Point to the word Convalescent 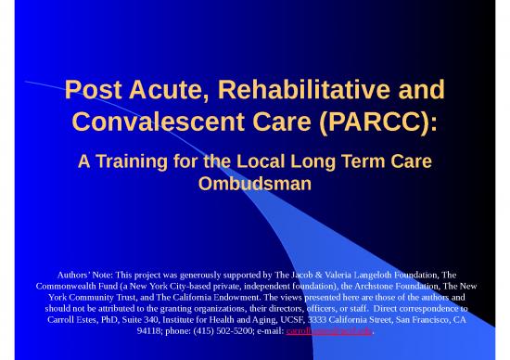169,124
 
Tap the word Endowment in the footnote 226,302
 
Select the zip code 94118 149,329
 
